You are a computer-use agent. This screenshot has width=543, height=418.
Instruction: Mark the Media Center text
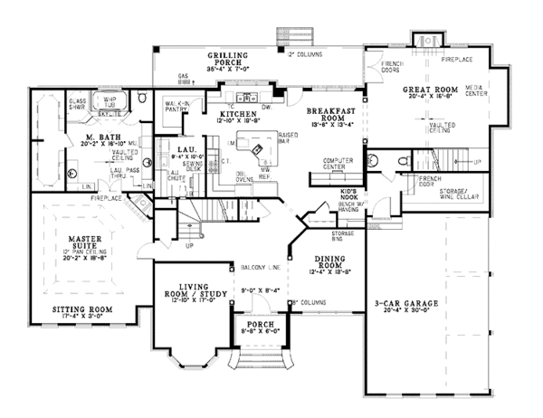(477, 90)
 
